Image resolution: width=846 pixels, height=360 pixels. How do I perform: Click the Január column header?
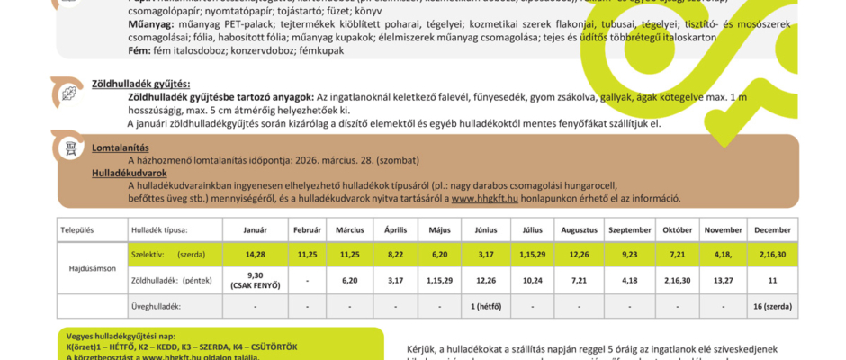pyautogui.click(x=256, y=230)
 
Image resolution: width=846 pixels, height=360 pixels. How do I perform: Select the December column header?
pyautogui.click(x=773, y=230)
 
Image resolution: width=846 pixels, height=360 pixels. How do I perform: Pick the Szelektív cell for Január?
pyautogui.click(x=256, y=255)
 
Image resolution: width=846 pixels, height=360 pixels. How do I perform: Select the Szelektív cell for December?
pyautogui.click(x=773, y=255)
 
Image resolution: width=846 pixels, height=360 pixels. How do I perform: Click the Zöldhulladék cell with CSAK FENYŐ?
pyautogui.click(x=256, y=281)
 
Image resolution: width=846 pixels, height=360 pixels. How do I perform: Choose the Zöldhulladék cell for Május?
pyautogui.click(x=440, y=281)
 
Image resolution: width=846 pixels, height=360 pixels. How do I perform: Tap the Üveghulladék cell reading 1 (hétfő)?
pyautogui.click(x=485, y=306)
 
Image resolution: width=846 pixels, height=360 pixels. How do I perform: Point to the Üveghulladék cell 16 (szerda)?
pyautogui.click(x=773, y=306)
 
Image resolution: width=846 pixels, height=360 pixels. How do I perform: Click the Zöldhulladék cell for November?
pyautogui.click(x=723, y=281)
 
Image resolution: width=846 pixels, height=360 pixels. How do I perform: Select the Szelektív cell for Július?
pyautogui.click(x=532, y=255)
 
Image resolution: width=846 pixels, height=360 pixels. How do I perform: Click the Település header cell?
pyautogui.click(x=77, y=230)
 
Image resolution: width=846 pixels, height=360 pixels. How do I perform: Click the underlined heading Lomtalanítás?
pyautogui.click(x=121, y=148)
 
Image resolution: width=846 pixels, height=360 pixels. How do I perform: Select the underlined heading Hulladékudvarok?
pyautogui.click(x=130, y=172)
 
